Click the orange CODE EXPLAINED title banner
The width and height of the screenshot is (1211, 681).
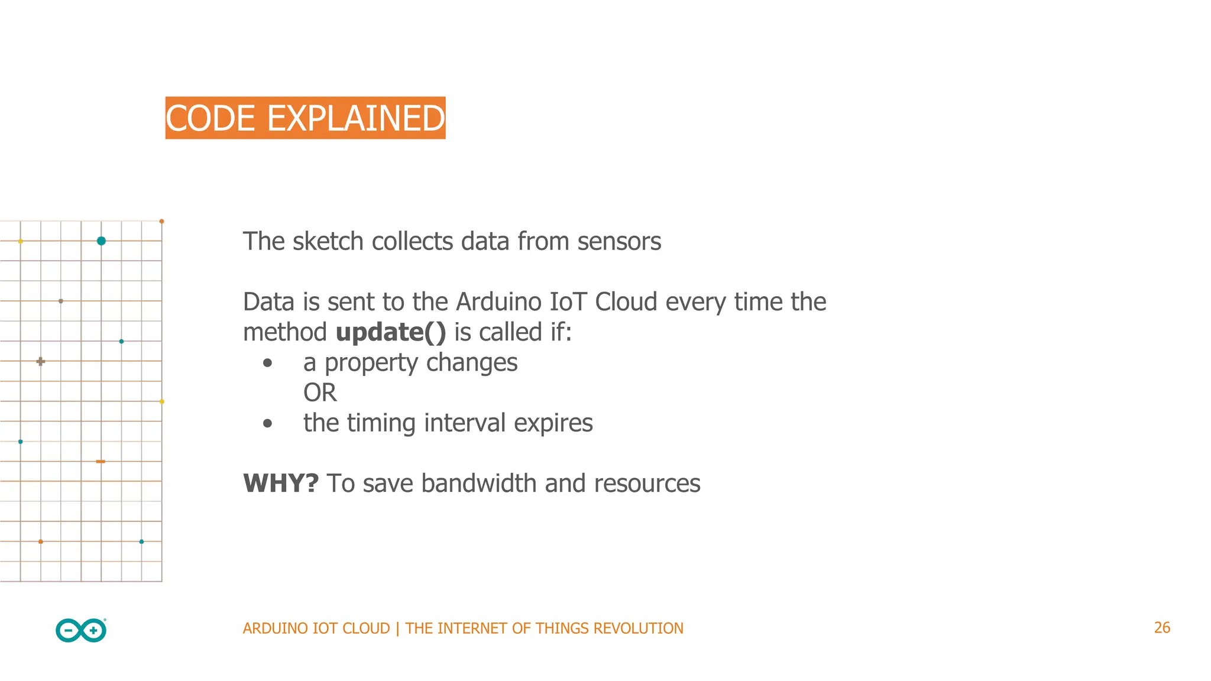coord(305,118)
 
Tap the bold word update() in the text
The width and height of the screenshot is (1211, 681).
coord(391,332)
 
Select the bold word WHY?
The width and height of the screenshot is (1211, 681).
coord(281,484)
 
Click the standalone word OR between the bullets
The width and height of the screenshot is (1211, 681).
coord(320,393)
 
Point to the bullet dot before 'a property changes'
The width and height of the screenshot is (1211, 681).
coord(268,363)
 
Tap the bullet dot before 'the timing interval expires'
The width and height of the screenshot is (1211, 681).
coord(268,423)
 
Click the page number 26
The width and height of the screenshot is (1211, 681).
coord(1162,628)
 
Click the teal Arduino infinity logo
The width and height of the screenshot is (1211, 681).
coord(81,631)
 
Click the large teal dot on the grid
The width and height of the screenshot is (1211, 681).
coord(101,241)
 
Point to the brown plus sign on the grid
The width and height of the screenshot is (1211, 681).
coord(40,361)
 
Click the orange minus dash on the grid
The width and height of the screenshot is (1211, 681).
coord(101,461)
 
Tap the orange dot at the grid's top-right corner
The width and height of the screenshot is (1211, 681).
coord(161,222)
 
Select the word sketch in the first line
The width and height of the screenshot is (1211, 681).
coord(328,242)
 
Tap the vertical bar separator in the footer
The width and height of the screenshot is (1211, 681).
coord(397,628)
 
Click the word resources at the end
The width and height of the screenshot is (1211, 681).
coord(647,484)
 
